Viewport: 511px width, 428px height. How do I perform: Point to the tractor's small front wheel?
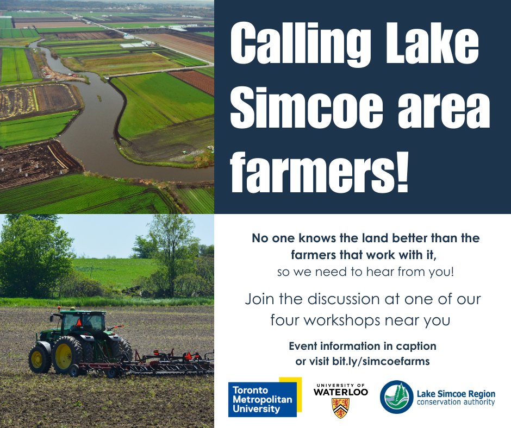[x=40, y=359]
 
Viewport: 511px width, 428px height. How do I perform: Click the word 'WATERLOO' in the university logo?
[x=341, y=392]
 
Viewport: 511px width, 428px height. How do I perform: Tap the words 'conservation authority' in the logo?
[x=456, y=402]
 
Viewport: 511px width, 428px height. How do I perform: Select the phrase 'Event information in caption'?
[x=362, y=346]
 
